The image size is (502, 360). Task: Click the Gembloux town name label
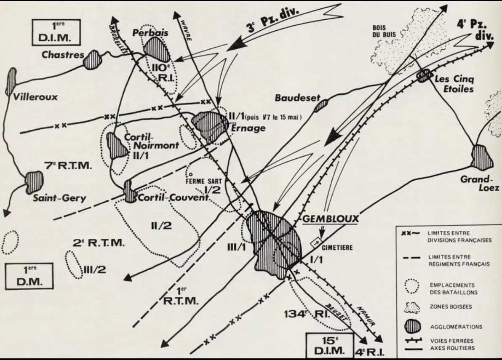point(331,219)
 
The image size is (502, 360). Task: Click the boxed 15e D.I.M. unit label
point(330,345)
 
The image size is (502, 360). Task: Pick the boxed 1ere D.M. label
point(29,276)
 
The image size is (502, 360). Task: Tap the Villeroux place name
point(35,96)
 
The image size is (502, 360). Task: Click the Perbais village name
point(150,33)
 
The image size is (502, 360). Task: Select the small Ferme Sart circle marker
point(190,174)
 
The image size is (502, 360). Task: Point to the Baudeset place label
point(297,98)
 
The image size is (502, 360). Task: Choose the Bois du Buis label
point(384,31)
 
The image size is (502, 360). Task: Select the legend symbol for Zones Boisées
point(412,307)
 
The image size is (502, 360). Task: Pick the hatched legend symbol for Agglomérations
point(412,326)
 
